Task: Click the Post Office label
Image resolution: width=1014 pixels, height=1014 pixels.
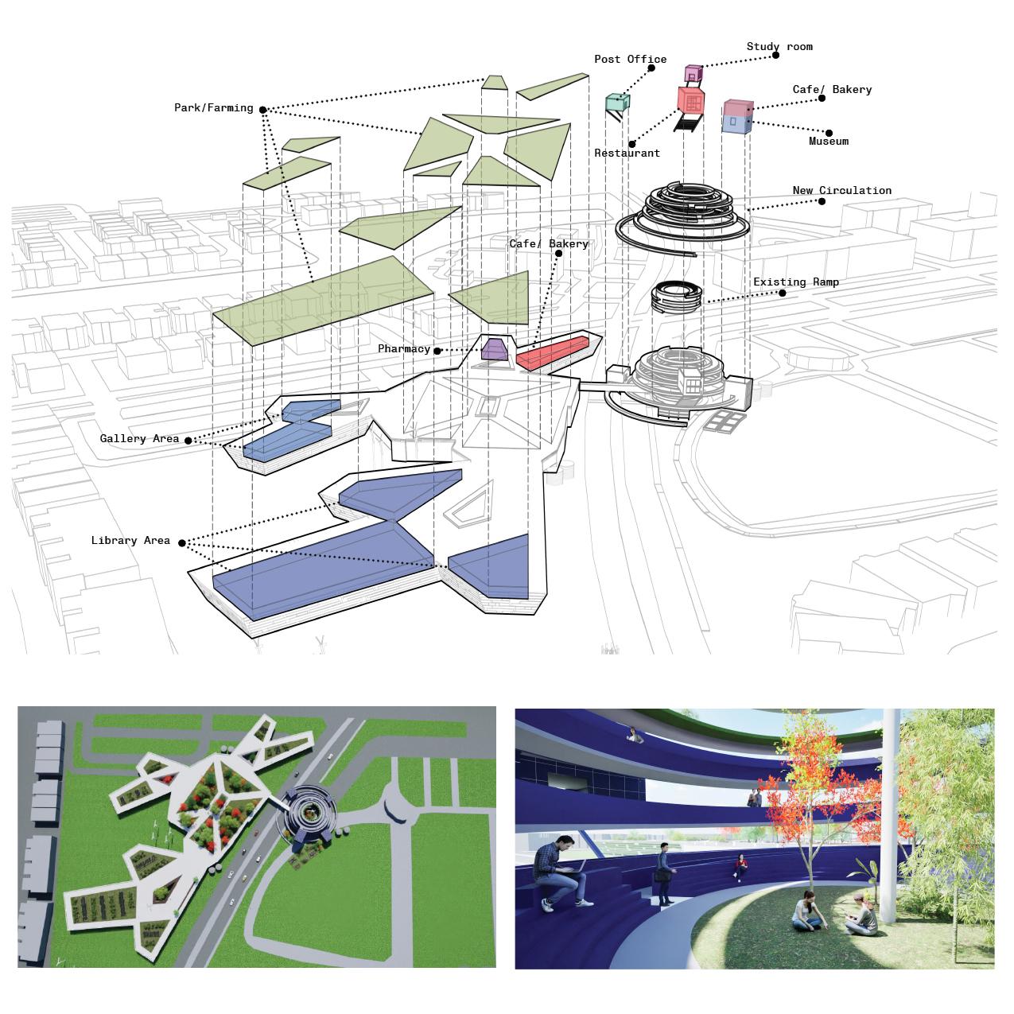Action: pyautogui.click(x=630, y=59)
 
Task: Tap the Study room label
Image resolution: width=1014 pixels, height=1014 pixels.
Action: pyautogui.click(x=779, y=47)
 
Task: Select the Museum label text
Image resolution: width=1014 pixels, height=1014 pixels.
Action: pyautogui.click(x=828, y=142)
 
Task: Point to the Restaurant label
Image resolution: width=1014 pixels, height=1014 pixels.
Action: pyautogui.click(x=627, y=153)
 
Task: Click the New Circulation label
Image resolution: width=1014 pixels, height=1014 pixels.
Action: pyautogui.click(x=841, y=191)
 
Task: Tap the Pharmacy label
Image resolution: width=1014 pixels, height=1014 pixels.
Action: pyautogui.click(x=403, y=349)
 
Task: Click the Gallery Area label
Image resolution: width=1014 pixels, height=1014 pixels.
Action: pyautogui.click(x=139, y=439)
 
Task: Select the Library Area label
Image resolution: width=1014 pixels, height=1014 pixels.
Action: pyautogui.click(x=130, y=541)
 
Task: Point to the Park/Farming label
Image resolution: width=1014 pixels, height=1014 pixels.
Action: pyautogui.click(x=213, y=108)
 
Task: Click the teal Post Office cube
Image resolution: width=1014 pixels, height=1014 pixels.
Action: pyautogui.click(x=617, y=102)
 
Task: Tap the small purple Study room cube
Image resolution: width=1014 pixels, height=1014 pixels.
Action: pyautogui.click(x=693, y=74)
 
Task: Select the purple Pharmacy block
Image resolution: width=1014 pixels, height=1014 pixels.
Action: pyautogui.click(x=495, y=349)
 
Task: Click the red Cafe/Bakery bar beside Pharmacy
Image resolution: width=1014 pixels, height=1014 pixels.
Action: pyautogui.click(x=554, y=351)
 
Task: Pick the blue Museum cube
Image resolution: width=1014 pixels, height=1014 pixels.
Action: pyautogui.click(x=736, y=123)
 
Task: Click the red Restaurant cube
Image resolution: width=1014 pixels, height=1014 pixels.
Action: pyautogui.click(x=690, y=100)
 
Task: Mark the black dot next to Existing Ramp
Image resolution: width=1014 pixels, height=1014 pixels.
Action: pyautogui.click(x=782, y=293)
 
